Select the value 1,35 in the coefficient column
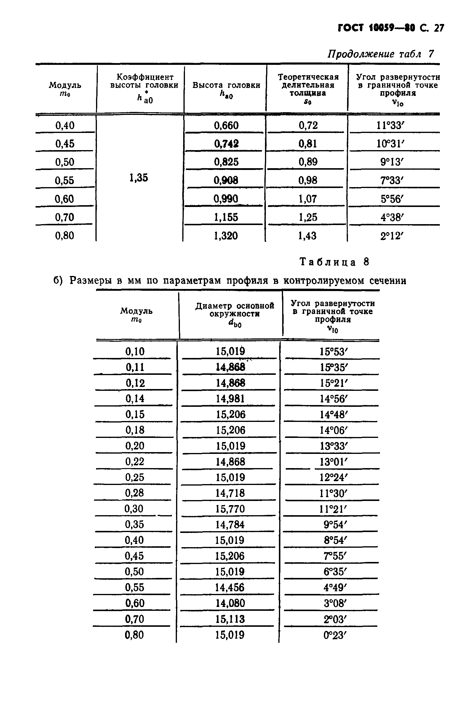pyautogui.click(x=138, y=178)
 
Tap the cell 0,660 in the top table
pyautogui.click(x=226, y=125)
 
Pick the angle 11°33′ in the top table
pyautogui.click(x=390, y=125)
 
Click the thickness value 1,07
pyautogui.click(x=308, y=199)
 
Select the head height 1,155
pyautogui.click(x=226, y=217)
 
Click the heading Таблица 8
pyautogui.click(x=334, y=262)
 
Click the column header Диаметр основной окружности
pyautogui.click(x=235, y=310)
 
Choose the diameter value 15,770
pyautogui.click(x=230, y=509)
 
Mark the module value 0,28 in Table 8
pyautogui.click(x=134, y=493)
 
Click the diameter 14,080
pyautogui.click(x=230, y=603)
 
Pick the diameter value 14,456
pyautogui.click(x=229, y=587)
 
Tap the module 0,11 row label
pyautogui.click(x=135, y=367)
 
